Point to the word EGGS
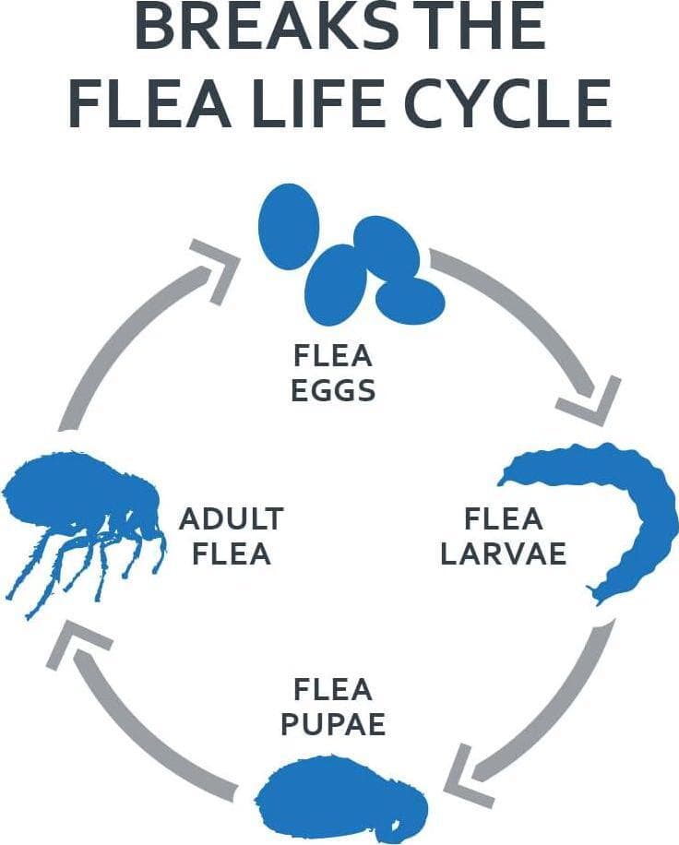(334, 389)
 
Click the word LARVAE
(503, 553)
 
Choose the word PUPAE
(332, 723)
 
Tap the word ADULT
(231, 518)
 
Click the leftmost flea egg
(289, 227)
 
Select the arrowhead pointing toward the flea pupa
(466, 773)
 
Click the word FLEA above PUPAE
(333, 689)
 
